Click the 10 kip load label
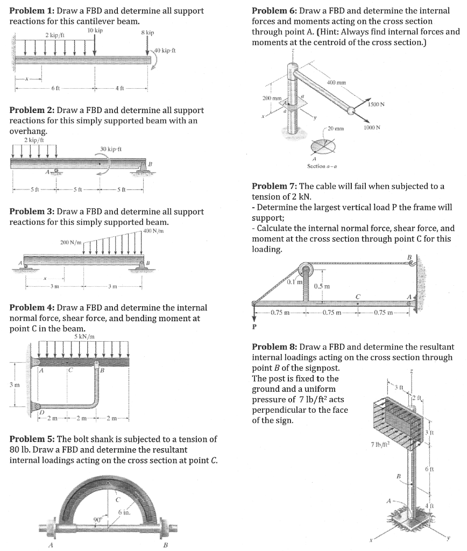94,30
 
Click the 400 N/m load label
154,231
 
